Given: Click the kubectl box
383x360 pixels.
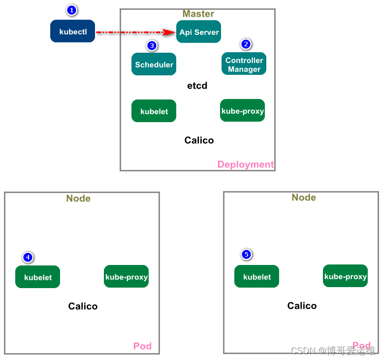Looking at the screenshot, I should click(72, 31).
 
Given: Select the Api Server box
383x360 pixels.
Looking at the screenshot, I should click(198, 32).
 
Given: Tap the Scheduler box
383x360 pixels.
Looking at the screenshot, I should click(154, 64).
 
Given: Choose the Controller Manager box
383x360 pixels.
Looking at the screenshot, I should click(244, 64).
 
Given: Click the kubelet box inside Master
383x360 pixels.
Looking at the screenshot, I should click(154, 111).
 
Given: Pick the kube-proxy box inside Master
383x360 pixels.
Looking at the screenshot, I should click(242, 110).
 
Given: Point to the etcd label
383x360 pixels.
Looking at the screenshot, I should click(197, 86).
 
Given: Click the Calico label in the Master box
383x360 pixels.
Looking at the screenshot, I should click(199, 140).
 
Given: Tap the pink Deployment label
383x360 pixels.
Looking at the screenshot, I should click(245, 164).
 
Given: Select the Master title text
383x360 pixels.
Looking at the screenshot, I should click(198, 14).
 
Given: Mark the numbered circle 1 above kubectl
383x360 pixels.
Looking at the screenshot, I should click(71, 10).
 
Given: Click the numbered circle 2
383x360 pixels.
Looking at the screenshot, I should click(246, 44).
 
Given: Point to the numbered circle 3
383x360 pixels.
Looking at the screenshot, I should click(152, 46).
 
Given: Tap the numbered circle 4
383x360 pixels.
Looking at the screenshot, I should click(28, 257).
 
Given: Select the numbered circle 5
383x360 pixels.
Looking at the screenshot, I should click(247, 255).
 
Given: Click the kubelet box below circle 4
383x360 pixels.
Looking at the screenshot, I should click(37, 277).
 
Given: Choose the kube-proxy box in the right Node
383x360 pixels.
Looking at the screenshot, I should click(345, 276).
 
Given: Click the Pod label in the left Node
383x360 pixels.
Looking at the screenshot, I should click(142, 346).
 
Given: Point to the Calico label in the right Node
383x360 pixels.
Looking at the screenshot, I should click(302, 306).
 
